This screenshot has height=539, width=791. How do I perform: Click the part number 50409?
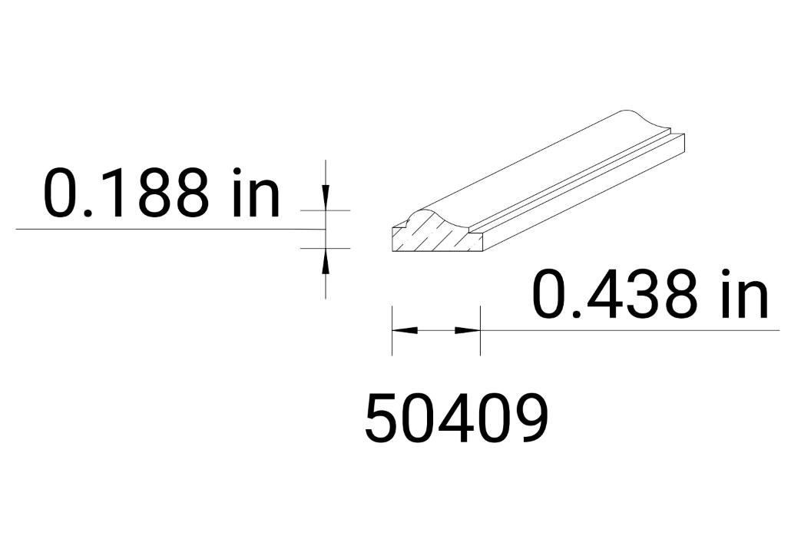point(457,418)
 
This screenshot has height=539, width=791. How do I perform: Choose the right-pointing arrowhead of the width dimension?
point(468,330)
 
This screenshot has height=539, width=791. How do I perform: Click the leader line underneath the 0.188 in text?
point(154,230)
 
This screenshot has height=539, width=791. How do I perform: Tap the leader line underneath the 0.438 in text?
point(630,330)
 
